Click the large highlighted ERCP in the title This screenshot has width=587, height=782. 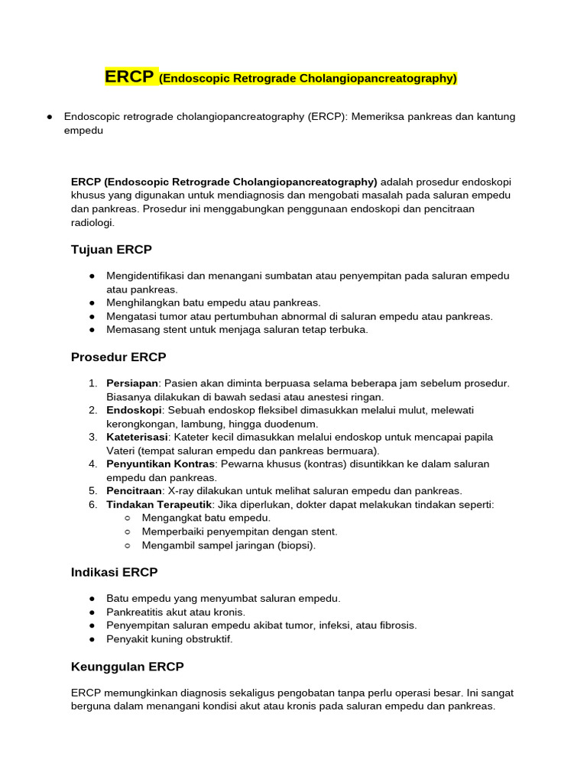click(x=131, y=77)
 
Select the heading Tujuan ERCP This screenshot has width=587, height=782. click(x=111, y=250)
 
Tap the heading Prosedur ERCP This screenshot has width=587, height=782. click(x=118, y=357)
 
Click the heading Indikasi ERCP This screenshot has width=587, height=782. click(x=114, y=572)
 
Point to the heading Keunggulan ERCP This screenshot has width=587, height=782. click(x=127, y=667)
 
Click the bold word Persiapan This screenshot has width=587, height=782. click(x=132, y=383)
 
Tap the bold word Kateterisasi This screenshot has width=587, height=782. click(x=138, y=437)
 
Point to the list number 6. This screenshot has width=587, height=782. click(x=92, y=504)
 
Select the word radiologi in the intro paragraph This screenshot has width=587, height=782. click(x=92, y=223)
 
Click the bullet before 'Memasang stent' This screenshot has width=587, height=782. click(x=92, y=329)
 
